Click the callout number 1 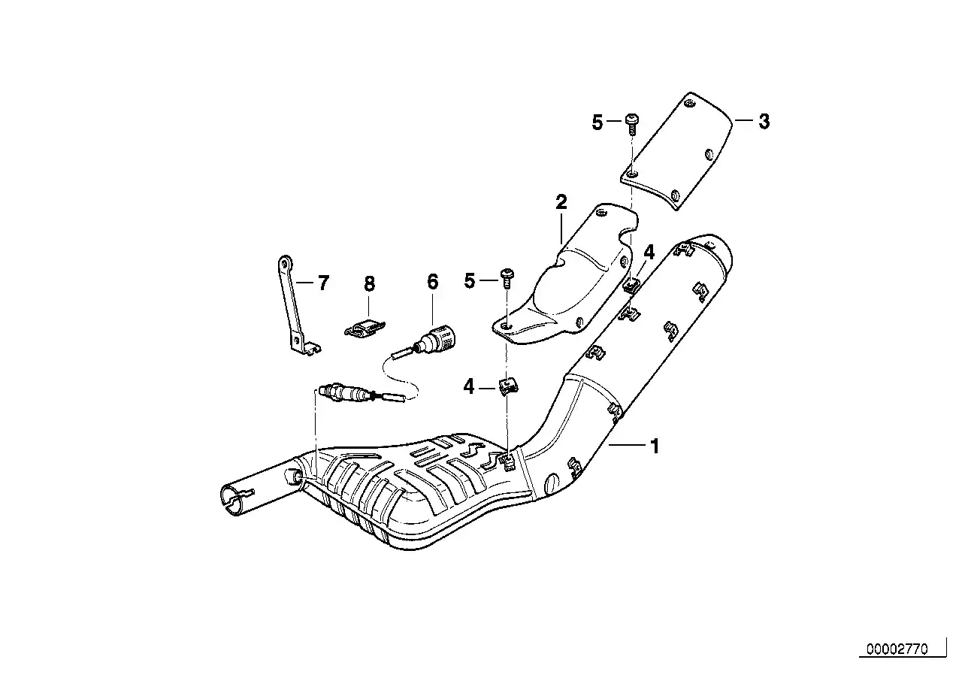tap(655, 446)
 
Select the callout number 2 tap(561, 202)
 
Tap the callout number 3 tap(764, 122)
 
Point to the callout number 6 tap(433, 282)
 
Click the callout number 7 tap(323, 283)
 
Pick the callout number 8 tap(369, 284)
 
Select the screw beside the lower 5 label tap(507, 279)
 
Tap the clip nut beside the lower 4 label tap(509, 386)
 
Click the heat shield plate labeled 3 tap(677, 151)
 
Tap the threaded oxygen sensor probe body tap(342, 392)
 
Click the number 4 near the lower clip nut tap(468, 386)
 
